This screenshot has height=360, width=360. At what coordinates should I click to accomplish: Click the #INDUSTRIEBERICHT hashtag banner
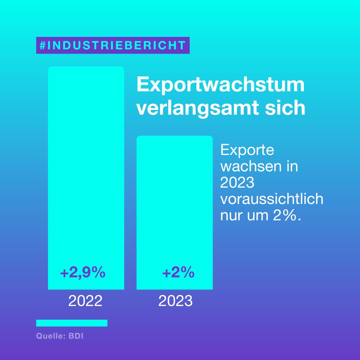pyautogui.click(x=113, y=45)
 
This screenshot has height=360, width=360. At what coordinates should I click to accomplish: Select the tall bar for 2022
pyautogui.click(x=86, y=167)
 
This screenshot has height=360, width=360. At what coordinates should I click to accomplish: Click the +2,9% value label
pyautogui.click(x=83, y=273)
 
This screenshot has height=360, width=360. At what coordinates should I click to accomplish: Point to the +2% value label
pyautogui.click(x=178, y=273)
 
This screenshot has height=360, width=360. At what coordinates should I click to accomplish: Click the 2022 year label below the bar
pyautogui.click(x=85, y=301)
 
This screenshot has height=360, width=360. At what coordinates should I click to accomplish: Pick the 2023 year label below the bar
pyautogui.click(x=175, y=301)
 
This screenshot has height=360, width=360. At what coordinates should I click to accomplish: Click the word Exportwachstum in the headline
pyautogui.click(x=221, y=85)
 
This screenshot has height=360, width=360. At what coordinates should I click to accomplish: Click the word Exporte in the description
pyautogui.click(x=247, y=150)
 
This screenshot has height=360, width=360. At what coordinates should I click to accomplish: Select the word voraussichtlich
pyautogui.click(x=272, y=199)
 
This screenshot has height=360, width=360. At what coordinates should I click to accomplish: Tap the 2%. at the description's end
pyautogui.click(x=287, y=216)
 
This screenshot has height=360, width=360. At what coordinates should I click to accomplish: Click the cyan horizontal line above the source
pyautogui.click(x=72, y=323)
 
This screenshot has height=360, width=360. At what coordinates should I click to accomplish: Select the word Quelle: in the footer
pyautogui.click(x=51, y=336)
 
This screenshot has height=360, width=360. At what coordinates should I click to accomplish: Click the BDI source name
pyautogui.click(x=76, y=336)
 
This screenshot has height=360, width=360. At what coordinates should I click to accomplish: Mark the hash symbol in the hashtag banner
pyautogui.click(x=42, y=45)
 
